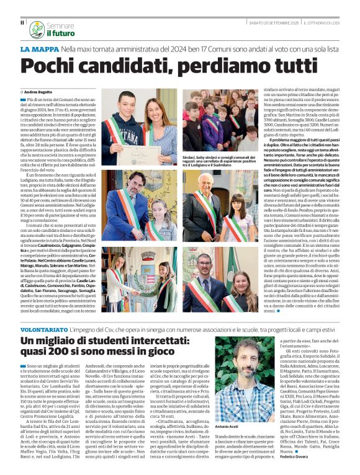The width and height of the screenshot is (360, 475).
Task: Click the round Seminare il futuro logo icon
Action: [36, 29]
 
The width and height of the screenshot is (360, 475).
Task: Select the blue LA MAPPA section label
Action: [39, 48]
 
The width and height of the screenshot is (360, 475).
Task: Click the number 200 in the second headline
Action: [62, 355]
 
